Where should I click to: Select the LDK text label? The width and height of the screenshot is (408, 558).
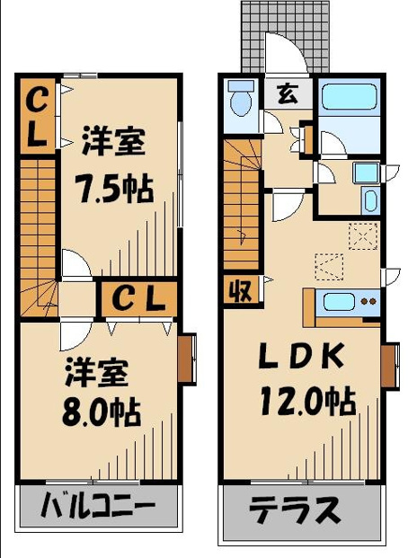pyautogui.click(x=301, y=357)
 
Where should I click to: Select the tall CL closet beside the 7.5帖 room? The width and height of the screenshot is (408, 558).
pyautogui.click(x=36, y=117)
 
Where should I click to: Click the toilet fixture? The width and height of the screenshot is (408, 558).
pyautogui.click(x=241, y=99)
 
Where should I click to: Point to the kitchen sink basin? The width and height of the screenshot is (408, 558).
pyautogui.click(x=339, y=301)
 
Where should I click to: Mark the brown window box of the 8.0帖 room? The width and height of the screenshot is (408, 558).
pyautogui.click(x=187, y=359)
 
